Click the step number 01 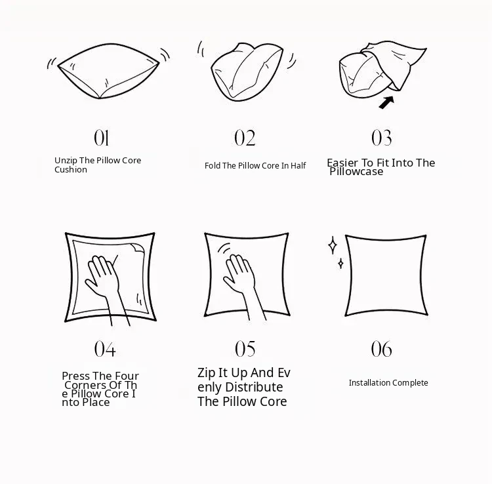tap(101, 138)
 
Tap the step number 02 tap(245, 138)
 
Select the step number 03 tap(382, 138)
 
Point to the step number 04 tap(105, 349)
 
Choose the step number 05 tap(245, 349)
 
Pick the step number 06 tap(382, 349)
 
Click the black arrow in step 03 tap(386, 102)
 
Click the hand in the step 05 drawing tap(241, 279)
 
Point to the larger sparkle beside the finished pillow tap(333, 245)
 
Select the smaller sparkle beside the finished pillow tap(340, 264)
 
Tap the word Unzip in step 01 tap(66, 161)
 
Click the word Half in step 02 tap(298, 166)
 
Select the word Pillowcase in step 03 tap(356, 172)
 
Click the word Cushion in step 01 tap(71, 170)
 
